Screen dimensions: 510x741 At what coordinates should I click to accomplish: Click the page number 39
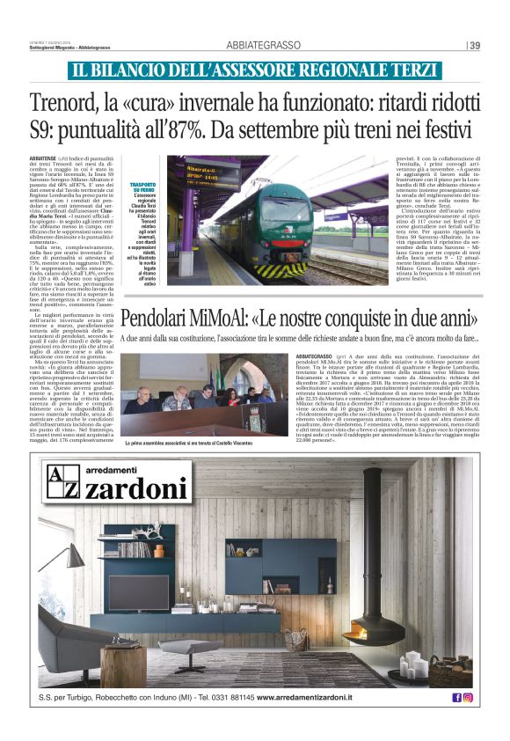coord(476,46)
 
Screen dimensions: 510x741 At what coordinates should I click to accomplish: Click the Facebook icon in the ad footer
coord(456,697)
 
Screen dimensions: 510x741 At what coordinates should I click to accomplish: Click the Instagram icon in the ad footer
coord(468,697)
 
